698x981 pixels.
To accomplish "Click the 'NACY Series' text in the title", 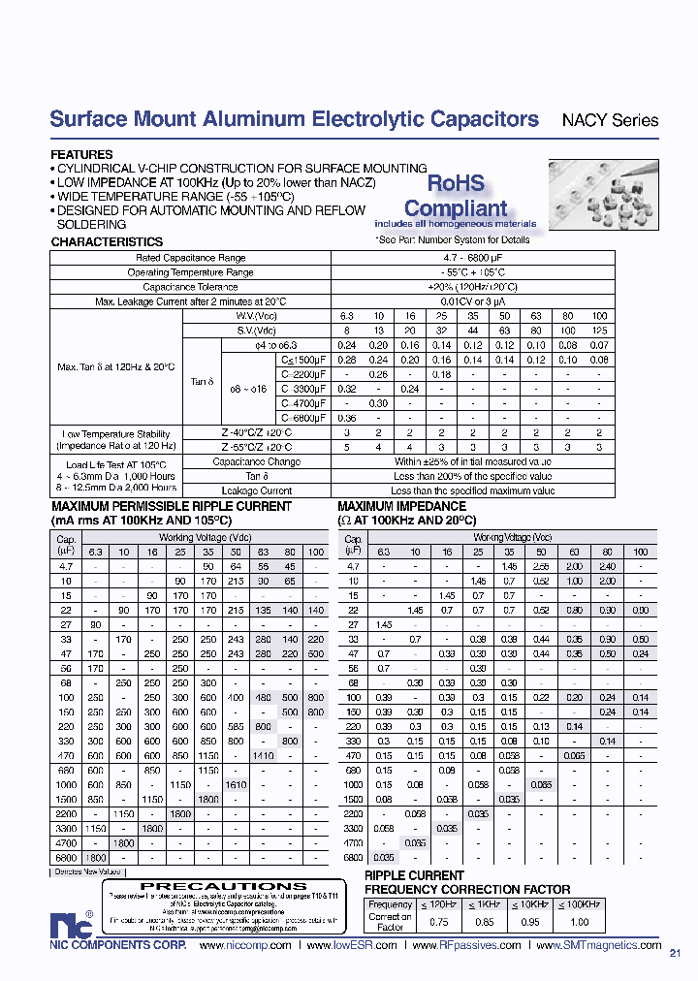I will pos(610,121).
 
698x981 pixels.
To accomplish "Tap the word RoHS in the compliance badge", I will pos(456,184).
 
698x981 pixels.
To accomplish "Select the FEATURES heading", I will pos(81,154).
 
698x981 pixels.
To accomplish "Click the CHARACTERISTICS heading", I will pos(107,241).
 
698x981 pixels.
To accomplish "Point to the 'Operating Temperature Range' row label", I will pos(190,272).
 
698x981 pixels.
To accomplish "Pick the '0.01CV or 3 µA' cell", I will pos(472,301).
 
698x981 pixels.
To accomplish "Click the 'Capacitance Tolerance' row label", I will pos(190,287).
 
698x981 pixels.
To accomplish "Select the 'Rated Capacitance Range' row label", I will pos(190,258).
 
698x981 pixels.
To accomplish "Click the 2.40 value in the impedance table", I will pos(607,565).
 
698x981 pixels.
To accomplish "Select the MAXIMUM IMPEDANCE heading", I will pos(401,506).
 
